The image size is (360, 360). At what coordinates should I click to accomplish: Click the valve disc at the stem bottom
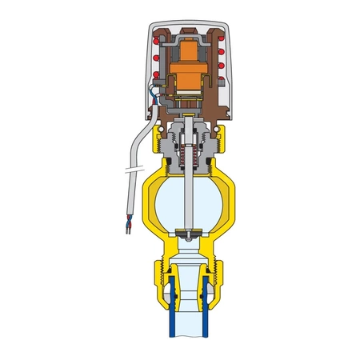click(185, 234)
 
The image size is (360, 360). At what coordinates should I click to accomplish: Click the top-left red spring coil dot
click(154, 36)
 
